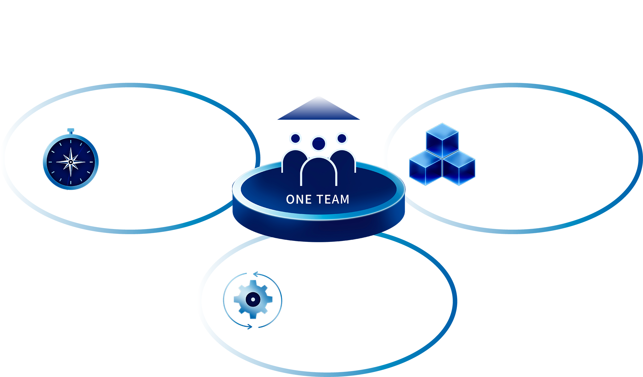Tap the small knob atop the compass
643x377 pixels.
pyautogui.click(x=71, y=130)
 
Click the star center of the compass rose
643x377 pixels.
pyautogui.click(x=71, y=162)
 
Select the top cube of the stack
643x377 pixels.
pyautogui.click(x=442, y=140)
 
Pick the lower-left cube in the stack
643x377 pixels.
pyautogui.click(x=425, y=168)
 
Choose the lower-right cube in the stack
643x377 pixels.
pyautogui.click(x=459, y=168)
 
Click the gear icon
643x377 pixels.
pyautogui.click(x=253, y=299)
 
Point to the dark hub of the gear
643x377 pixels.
pyautogui.click(x=253, y=299)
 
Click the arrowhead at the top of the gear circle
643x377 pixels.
pyautogui.click(x=256, y=274)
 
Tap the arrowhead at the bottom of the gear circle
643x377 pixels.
pyautogui.click(x=249, y=327)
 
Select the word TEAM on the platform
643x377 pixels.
pyautogui.click(x=333, y=199)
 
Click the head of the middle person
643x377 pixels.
pyautogui.click(x=319, y=143)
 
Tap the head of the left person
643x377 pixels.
pyautogui.click(x=295, y=139)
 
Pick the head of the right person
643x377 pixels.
pyautogui.click(x=342, y=139)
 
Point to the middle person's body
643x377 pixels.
pyautogui.click(x=319, y=172)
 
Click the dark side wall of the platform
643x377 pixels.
pyautogui.click(x=319, y=230)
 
